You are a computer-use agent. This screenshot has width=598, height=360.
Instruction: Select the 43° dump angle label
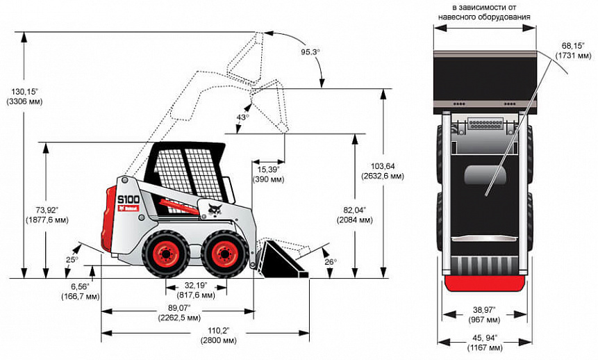click(242, 117)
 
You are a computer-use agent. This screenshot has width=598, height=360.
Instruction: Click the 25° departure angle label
click(72, 260)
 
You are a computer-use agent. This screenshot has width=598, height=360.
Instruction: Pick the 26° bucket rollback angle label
click(329, 261)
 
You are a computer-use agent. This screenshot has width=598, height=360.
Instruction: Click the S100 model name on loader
click(128, 199)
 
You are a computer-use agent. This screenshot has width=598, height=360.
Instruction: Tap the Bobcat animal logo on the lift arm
click(213, 207)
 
